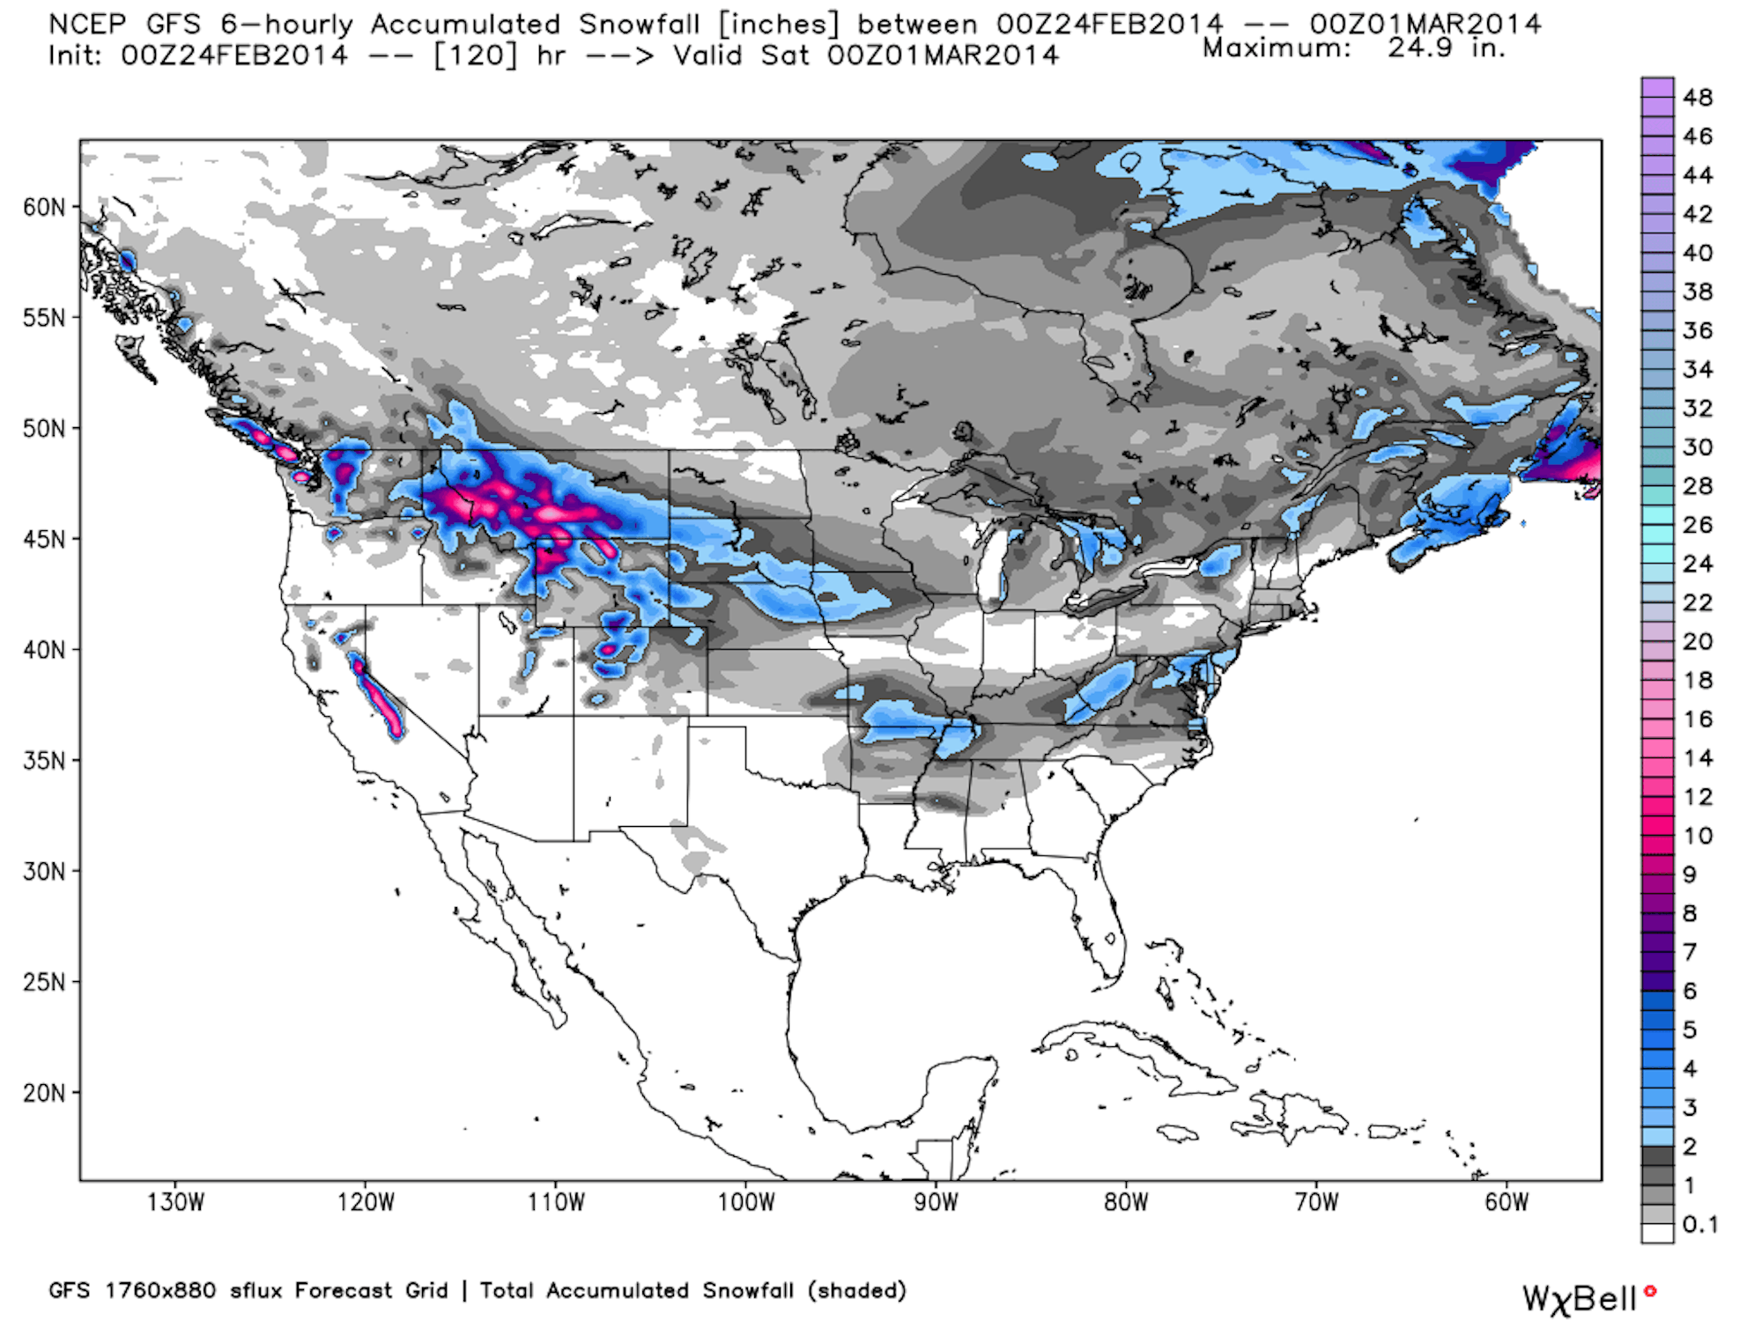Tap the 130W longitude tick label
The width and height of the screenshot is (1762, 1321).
pyautogui.click(x=175, y=1202)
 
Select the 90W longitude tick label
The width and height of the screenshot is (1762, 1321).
pyautogui.click(x=936, y=1202)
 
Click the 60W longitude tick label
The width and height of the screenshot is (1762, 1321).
pyautogui.click(x=1507, y=1202)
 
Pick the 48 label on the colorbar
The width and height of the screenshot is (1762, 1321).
pyautogui.click(x=1698, y=98)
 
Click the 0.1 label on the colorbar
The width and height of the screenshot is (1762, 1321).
pyautogui.click(x=1700, y=1224)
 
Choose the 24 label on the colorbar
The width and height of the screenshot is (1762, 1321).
pyautogui.click(x=1698, y=564)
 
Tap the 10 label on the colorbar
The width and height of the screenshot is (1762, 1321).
pyautogui.click(x=1698, y=836)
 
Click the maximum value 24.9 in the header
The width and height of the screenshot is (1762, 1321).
pyautogui.click(x=1420, y=48)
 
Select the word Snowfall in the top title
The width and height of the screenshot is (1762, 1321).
pyautogui.click(x=639, y=24)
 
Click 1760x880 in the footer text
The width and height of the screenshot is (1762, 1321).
pyautogui.click(x=160, y=1291)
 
